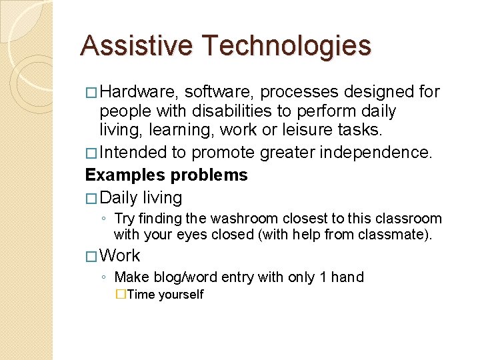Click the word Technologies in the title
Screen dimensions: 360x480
[287, 46]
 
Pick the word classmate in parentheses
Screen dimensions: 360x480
[399, 234]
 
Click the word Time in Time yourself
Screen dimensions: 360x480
[141, 295]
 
